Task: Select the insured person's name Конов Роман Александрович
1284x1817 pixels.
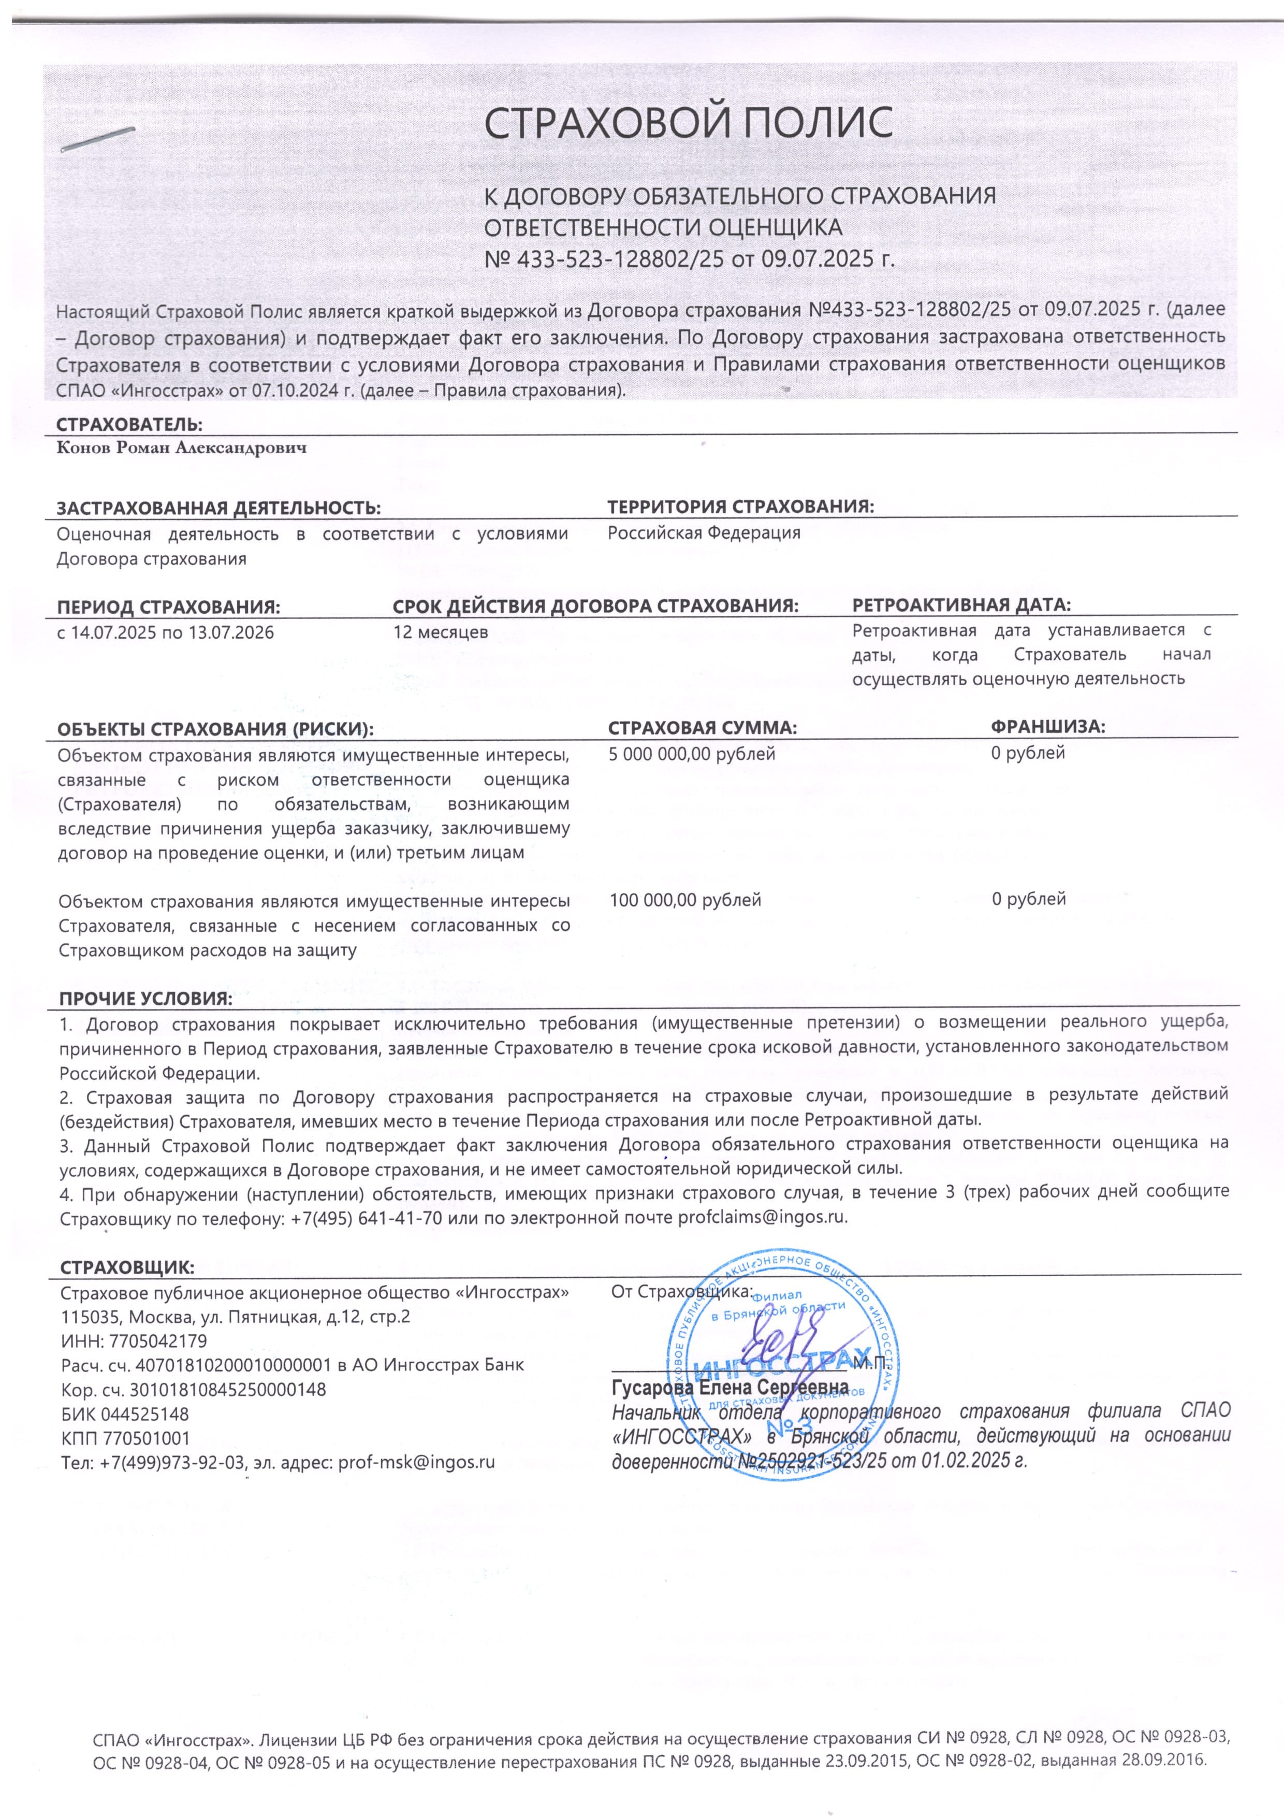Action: (x=181, y=449)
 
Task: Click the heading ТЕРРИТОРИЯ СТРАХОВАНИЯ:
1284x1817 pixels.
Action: (x=740, y=507)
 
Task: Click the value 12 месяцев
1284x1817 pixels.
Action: (x=440, y=632)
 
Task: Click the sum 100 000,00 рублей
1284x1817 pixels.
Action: (x=684, y=899)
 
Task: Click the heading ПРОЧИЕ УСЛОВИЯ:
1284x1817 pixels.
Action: (x=145, y=999)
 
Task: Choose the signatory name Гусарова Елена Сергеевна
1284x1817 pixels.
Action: (x=729, y=1387)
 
